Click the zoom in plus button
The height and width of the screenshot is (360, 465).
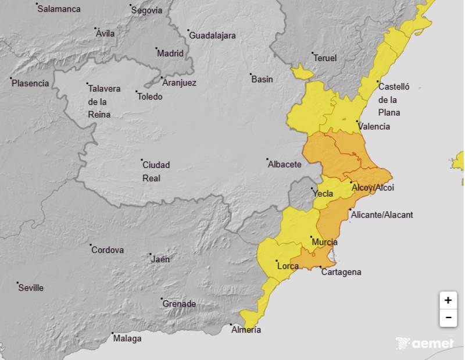click(x=448, y=301)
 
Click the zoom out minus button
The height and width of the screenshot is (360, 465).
click(x=448, y=318)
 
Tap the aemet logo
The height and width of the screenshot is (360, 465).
click(x=425, y=344)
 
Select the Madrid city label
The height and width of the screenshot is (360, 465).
click(x=170, y=54)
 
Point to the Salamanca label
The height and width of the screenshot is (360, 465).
click(x=59, y=9)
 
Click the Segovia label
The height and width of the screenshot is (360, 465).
click(x=147, y=10)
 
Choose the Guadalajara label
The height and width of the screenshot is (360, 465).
click(x=212, y=35)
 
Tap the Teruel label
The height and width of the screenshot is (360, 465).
click(x=325, y=58)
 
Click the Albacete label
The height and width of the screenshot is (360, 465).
click(x=284, y=165)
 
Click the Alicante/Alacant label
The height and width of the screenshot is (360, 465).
click(x=382, y=215)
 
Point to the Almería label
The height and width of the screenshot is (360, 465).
click(x=246, y=330)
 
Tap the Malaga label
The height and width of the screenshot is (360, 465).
click(x=127, y=338)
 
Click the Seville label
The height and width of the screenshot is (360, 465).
click(x=31, y=288)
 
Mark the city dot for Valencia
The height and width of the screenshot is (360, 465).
click(x=357, y=122)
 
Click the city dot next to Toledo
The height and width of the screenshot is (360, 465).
click(x=137, y=92)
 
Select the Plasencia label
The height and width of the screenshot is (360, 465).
click(x=31, y=83)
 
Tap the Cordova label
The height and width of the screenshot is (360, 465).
click(x=108, y=250)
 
